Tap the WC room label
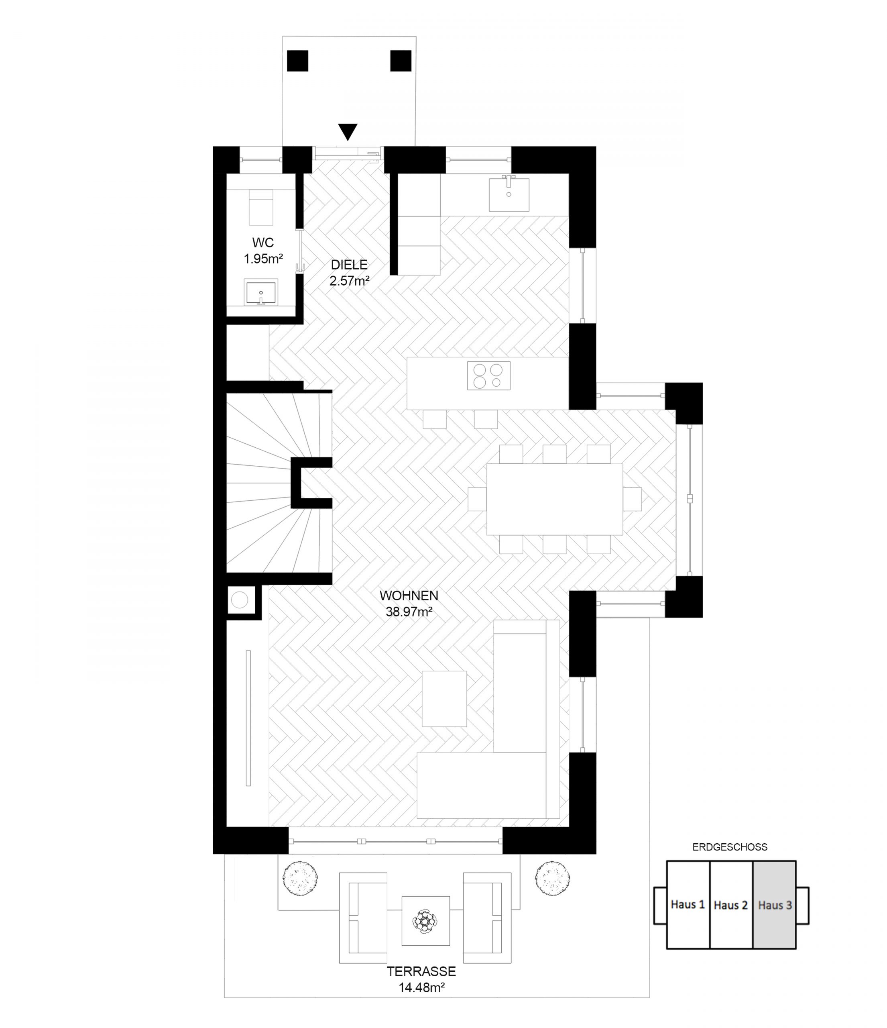tap(263, 243)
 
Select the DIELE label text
tap(350, 265)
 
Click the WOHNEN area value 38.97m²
tap(409, 612)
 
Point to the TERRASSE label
tap(421, 971)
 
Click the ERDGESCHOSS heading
tap(730, 847)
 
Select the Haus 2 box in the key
tap(731, 904)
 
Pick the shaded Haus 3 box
tap(775, 904)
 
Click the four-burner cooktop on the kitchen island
tap(488, 375)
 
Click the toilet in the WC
tap(261, 207)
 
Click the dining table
tap(554, 499)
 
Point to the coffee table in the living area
tap(444, 699)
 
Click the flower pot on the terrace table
tap(425, 921)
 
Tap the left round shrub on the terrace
tap(300, 878)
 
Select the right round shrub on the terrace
tap(552, 878)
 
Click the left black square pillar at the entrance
tap(297, 61)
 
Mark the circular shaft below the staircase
tap(240, 600)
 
